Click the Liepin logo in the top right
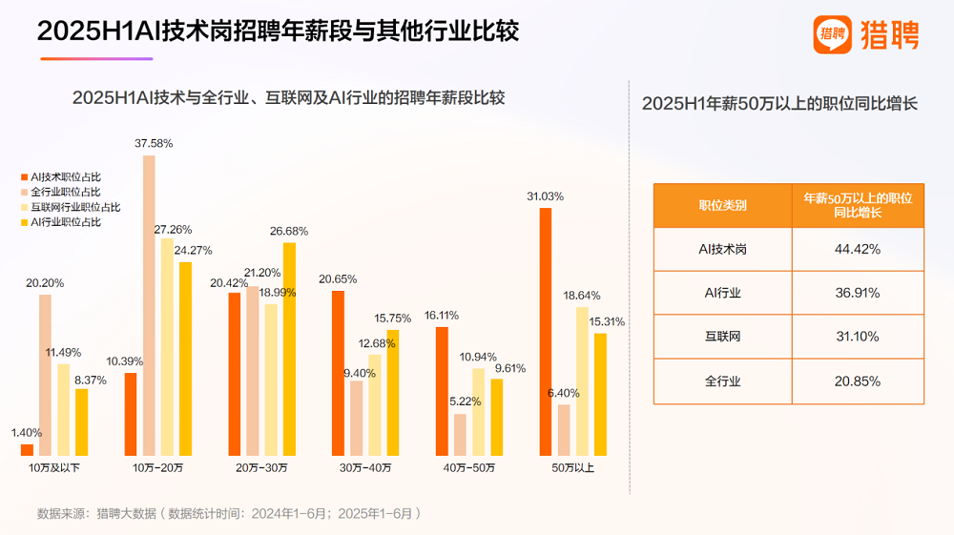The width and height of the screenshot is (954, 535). [x=866, y=35]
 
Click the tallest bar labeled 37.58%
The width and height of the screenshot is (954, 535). [x=149, y=305]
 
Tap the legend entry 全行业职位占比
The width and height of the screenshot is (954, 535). [x=65, y=192]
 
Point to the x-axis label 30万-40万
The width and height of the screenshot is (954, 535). [x=364, y=468]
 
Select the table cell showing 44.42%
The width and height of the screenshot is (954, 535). [x=856, y=249]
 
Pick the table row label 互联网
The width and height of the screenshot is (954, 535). [x=722, y=338]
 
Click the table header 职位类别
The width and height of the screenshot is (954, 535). [x=722, y=205]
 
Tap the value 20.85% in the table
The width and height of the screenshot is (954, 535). [x=856, y=381]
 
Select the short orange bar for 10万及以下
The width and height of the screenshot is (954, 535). [x=27, y=450]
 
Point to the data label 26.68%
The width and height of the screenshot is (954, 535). [x=288, y=231]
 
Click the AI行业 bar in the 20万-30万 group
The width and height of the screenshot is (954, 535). [x=288, y=349]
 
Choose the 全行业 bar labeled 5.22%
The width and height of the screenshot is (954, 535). [x=461, y=435]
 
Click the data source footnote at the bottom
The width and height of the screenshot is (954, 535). [x=229, y=513]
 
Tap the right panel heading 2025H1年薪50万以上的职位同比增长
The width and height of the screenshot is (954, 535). [x=779, y=104]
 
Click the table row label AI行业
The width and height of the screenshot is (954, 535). [x=722, y=293]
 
